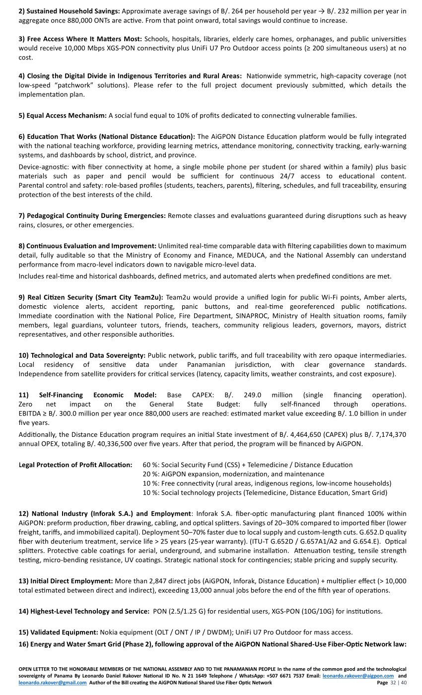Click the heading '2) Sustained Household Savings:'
[69, 11]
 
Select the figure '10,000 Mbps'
[211, 48]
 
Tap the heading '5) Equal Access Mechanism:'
[63, 116]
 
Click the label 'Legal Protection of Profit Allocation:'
[75, 465]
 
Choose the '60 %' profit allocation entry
[150, 465]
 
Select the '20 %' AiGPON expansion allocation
[150, 474]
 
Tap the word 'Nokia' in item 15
[109, 632]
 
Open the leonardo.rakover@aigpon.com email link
[358, 676]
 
